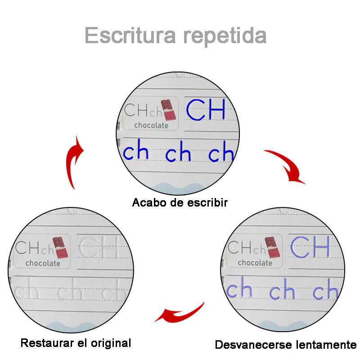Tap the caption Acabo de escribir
pyautogui.click(x=180, y=202)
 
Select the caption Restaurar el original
pyautogui.click(x=76, y=343)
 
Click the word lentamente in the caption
pyautogui.click(x=325, y=345)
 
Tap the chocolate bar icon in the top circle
pyautogui.click(x=167, y=110)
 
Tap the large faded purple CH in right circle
pyautogui.click(x=310, y=246)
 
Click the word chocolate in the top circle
pyautogui.click(x=152, y=126)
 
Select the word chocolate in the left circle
pyautogui.click(x=43, y=263)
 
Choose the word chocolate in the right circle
pyautogui.click(x=255, y=262)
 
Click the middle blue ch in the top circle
pyautogui.click(x=178, y=154)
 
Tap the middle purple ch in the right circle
pyautogui.click(x=282, y=292)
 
